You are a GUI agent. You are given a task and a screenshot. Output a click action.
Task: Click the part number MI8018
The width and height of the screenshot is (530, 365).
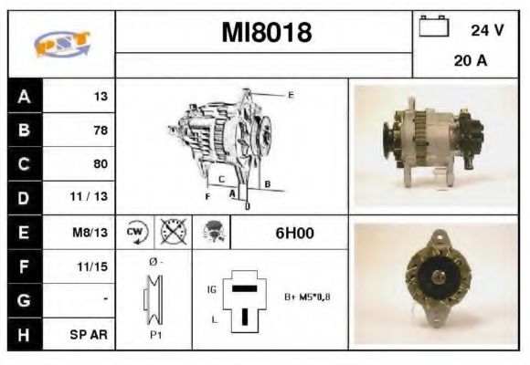pos(266,34)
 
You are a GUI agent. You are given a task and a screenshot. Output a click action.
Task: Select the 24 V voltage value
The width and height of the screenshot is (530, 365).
pos(487,30)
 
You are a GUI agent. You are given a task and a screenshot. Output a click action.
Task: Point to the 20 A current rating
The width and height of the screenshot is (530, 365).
pos(468,62)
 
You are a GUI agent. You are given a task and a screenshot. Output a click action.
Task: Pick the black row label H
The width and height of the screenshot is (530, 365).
pos(25,334)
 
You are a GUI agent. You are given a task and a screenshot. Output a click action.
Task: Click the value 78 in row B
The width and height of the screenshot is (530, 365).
pos(100,130)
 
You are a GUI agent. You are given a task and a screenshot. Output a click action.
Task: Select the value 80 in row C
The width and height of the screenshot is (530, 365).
pos(100,164)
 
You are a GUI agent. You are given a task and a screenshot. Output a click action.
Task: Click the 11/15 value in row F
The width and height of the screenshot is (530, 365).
pos(94,266)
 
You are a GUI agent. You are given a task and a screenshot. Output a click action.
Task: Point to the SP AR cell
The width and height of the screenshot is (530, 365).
pos(90,334)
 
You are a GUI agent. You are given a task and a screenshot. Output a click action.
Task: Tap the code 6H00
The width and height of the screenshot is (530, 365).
pos(294,233)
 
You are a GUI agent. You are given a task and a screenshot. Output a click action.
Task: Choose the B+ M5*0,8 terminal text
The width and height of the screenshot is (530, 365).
pos(307,297)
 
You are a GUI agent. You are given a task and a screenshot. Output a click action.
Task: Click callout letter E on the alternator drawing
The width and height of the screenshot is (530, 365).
pos(290,95)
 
